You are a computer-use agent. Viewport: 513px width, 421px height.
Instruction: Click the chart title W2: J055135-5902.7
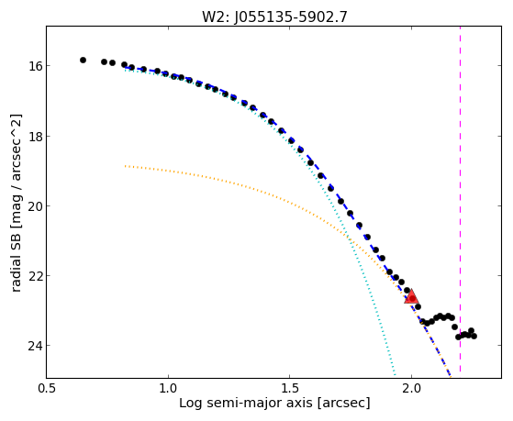click(x=274, y=17)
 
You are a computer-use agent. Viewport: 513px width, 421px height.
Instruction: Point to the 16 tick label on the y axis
click(x=35, y=66)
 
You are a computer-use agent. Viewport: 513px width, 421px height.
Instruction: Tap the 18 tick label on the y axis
click(x=35, y=136)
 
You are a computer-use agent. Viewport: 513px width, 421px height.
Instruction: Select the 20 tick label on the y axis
click(x=35, y=206)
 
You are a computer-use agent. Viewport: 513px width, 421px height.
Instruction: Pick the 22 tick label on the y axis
click(x=35, y=276)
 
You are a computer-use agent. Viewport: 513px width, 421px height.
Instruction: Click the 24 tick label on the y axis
click(x=35, y=346)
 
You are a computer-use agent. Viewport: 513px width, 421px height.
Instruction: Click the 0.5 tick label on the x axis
click(x=47, y=388)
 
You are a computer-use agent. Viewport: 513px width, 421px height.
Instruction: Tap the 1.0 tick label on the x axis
click(x=168, y=388)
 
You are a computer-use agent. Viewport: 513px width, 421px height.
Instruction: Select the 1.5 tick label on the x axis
click(x=290, y=388)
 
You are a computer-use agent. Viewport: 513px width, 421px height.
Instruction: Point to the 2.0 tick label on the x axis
click(x=411, y=388)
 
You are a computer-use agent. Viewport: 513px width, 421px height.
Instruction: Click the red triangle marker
click(x=411, y=297)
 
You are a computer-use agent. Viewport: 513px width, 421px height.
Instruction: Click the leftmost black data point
click(x=84, y=60)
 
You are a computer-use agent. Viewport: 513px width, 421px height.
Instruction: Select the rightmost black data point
click(x=474, y=336)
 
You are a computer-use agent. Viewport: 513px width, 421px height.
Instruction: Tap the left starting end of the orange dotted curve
click(x=125, y=166)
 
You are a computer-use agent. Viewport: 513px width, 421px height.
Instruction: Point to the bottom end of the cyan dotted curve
click(x=396, y=375)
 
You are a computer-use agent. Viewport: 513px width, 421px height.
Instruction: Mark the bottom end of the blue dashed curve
click(x=451, y=376)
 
